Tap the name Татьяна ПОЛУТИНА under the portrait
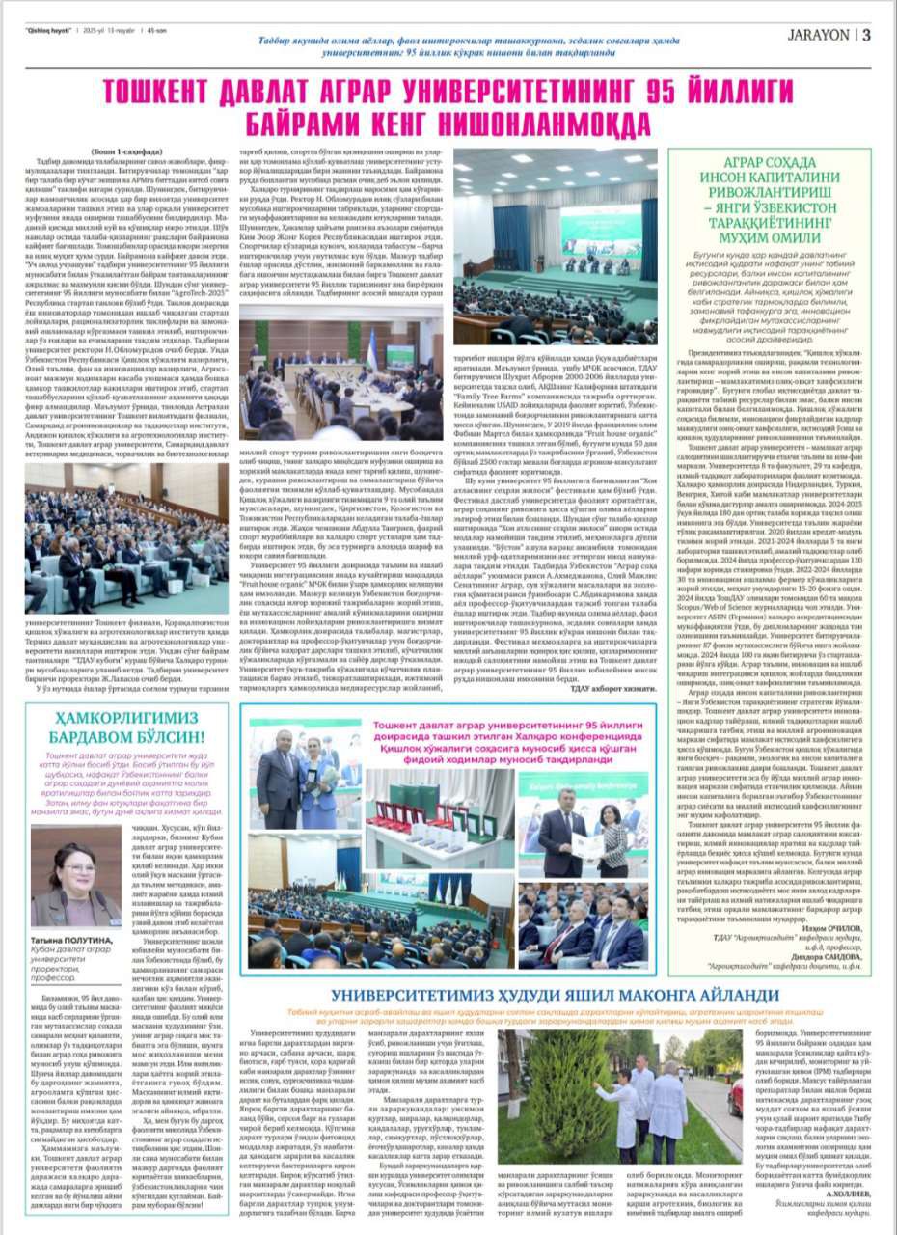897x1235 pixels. click(x=68, y=937)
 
